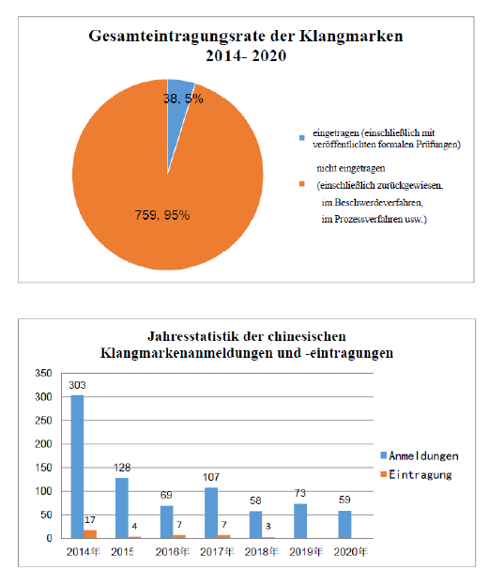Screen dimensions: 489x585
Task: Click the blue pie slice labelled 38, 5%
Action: tap(178, 112)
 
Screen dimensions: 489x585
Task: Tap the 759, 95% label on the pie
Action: tap(162, 215)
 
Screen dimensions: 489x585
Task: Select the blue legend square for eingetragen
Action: tap(302, 138)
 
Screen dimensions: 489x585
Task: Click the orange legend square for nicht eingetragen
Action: tap(302, 184)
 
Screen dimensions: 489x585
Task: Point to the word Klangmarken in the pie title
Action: tap(351, 37)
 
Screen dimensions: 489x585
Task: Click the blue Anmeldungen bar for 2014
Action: tap(77, 467)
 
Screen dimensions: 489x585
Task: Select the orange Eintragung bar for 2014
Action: tap(90, 534)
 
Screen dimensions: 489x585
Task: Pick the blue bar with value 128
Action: tap(122, 508)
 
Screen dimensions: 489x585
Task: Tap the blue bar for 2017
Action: tap(211, 513)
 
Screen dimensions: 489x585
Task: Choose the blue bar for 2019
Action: tap(300, 521)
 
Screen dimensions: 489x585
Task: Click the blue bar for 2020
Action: tap(344, 525)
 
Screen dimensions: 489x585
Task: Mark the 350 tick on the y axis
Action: tap(43, 373)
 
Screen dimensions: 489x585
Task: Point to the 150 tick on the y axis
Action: tap(43, 468)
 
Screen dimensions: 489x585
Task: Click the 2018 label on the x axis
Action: tap(262, 552)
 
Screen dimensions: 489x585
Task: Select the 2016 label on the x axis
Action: tap(173, 552)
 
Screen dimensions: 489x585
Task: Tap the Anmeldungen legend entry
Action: tap(420, 455)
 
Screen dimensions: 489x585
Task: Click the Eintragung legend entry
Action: tap(416, 474)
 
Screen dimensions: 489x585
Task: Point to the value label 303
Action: tap(77, 385)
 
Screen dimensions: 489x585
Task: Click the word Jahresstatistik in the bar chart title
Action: tap(192, 336)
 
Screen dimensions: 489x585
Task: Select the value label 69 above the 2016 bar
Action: tap(166, 495)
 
